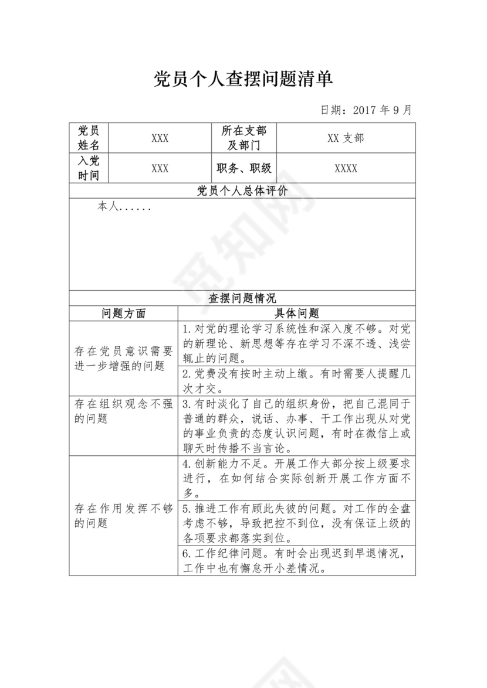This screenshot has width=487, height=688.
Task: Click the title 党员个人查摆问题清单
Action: coord(243,79)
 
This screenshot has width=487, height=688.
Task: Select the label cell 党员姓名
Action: coord(89,138)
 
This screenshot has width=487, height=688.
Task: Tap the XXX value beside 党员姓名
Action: coord(160,138)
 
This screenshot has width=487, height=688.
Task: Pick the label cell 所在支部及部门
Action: coord(243,138)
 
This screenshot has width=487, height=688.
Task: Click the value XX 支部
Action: coord(346,138)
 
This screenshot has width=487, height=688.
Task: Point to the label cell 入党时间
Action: coord(89,168)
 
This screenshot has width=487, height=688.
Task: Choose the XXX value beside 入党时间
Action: coord(160,169)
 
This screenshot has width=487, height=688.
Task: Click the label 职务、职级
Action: coord(243,169)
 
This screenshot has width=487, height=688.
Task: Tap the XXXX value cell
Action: coord(346,169)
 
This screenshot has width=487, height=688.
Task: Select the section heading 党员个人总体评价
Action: coord(242,191)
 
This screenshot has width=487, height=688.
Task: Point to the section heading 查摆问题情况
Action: coord(242,298)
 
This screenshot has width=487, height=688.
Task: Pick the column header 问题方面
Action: coord(123,314)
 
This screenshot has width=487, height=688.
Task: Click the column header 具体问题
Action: coord(296,314)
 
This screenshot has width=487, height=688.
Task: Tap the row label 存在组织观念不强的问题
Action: coord(123,411)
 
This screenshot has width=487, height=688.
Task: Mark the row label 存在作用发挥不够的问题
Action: coord(123,516)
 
